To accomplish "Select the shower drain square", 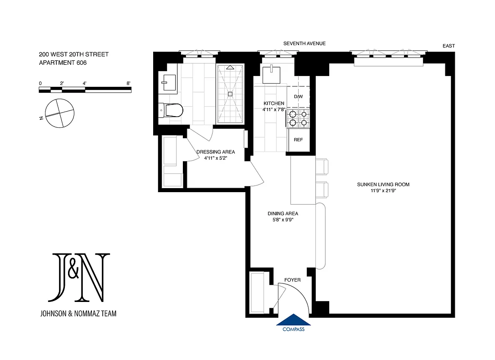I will click(230, 94).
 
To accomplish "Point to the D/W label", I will click(298, 97).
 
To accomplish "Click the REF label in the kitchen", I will click(298, 140).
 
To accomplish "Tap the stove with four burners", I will click(298, 118).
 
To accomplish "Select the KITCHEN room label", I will click(274, 103).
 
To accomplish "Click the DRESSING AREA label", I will click(216, 152).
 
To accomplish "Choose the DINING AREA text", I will click(283, 214).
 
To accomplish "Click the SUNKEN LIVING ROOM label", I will click(383, 184).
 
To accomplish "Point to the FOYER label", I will click(292, 280).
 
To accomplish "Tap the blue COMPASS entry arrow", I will click(294, 320).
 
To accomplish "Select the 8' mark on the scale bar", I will click(129, 84).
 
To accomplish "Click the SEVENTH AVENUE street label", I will click(304, 44).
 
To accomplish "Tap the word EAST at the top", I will click(449, 46).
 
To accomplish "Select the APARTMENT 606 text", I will click(63, 63).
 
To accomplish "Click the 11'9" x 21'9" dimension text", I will click(383, 191).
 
